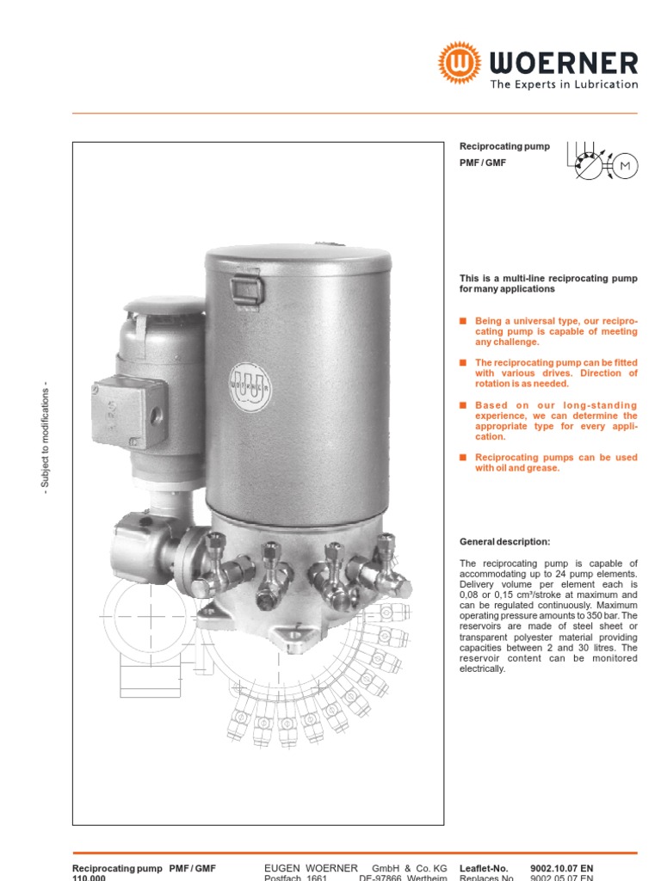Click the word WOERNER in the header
[564, 63]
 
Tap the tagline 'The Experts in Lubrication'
[564, 84]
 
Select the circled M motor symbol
[625, 165]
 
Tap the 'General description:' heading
[504, 541]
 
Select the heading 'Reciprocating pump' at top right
[504, 146]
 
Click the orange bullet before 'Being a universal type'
[463, 320]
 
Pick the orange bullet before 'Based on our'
[463, 405]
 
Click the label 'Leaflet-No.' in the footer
[485, 869]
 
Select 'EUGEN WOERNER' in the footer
[311, 869]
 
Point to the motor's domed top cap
[164, 305]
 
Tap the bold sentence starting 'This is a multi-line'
[548, 284]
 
